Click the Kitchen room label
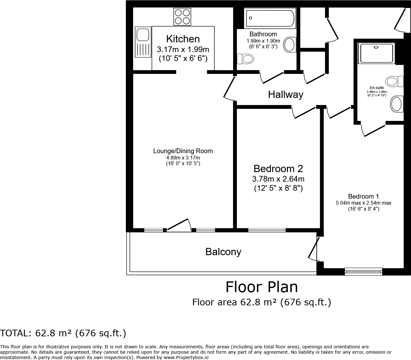(x=183, y=39)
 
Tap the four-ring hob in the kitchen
(x=182, y=17)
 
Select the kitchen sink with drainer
(x=143, y=42)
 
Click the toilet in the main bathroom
(x=245, y=59)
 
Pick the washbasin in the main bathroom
(x=290, y=45)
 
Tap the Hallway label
(x=285, y=94)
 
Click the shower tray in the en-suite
(x=376, y=53)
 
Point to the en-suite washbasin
(x=397, y=104)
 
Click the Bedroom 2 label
(x=278, y=168)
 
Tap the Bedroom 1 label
(x=363, y=196)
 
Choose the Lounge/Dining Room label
(x=183, y=151)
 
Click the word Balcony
(x=223, y=252)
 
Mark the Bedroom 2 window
(x=267, y=230)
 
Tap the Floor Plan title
(x=261, y=287)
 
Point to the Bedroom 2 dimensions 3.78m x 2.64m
(x=278, y=179)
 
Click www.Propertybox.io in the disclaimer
(x=186, y=357)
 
